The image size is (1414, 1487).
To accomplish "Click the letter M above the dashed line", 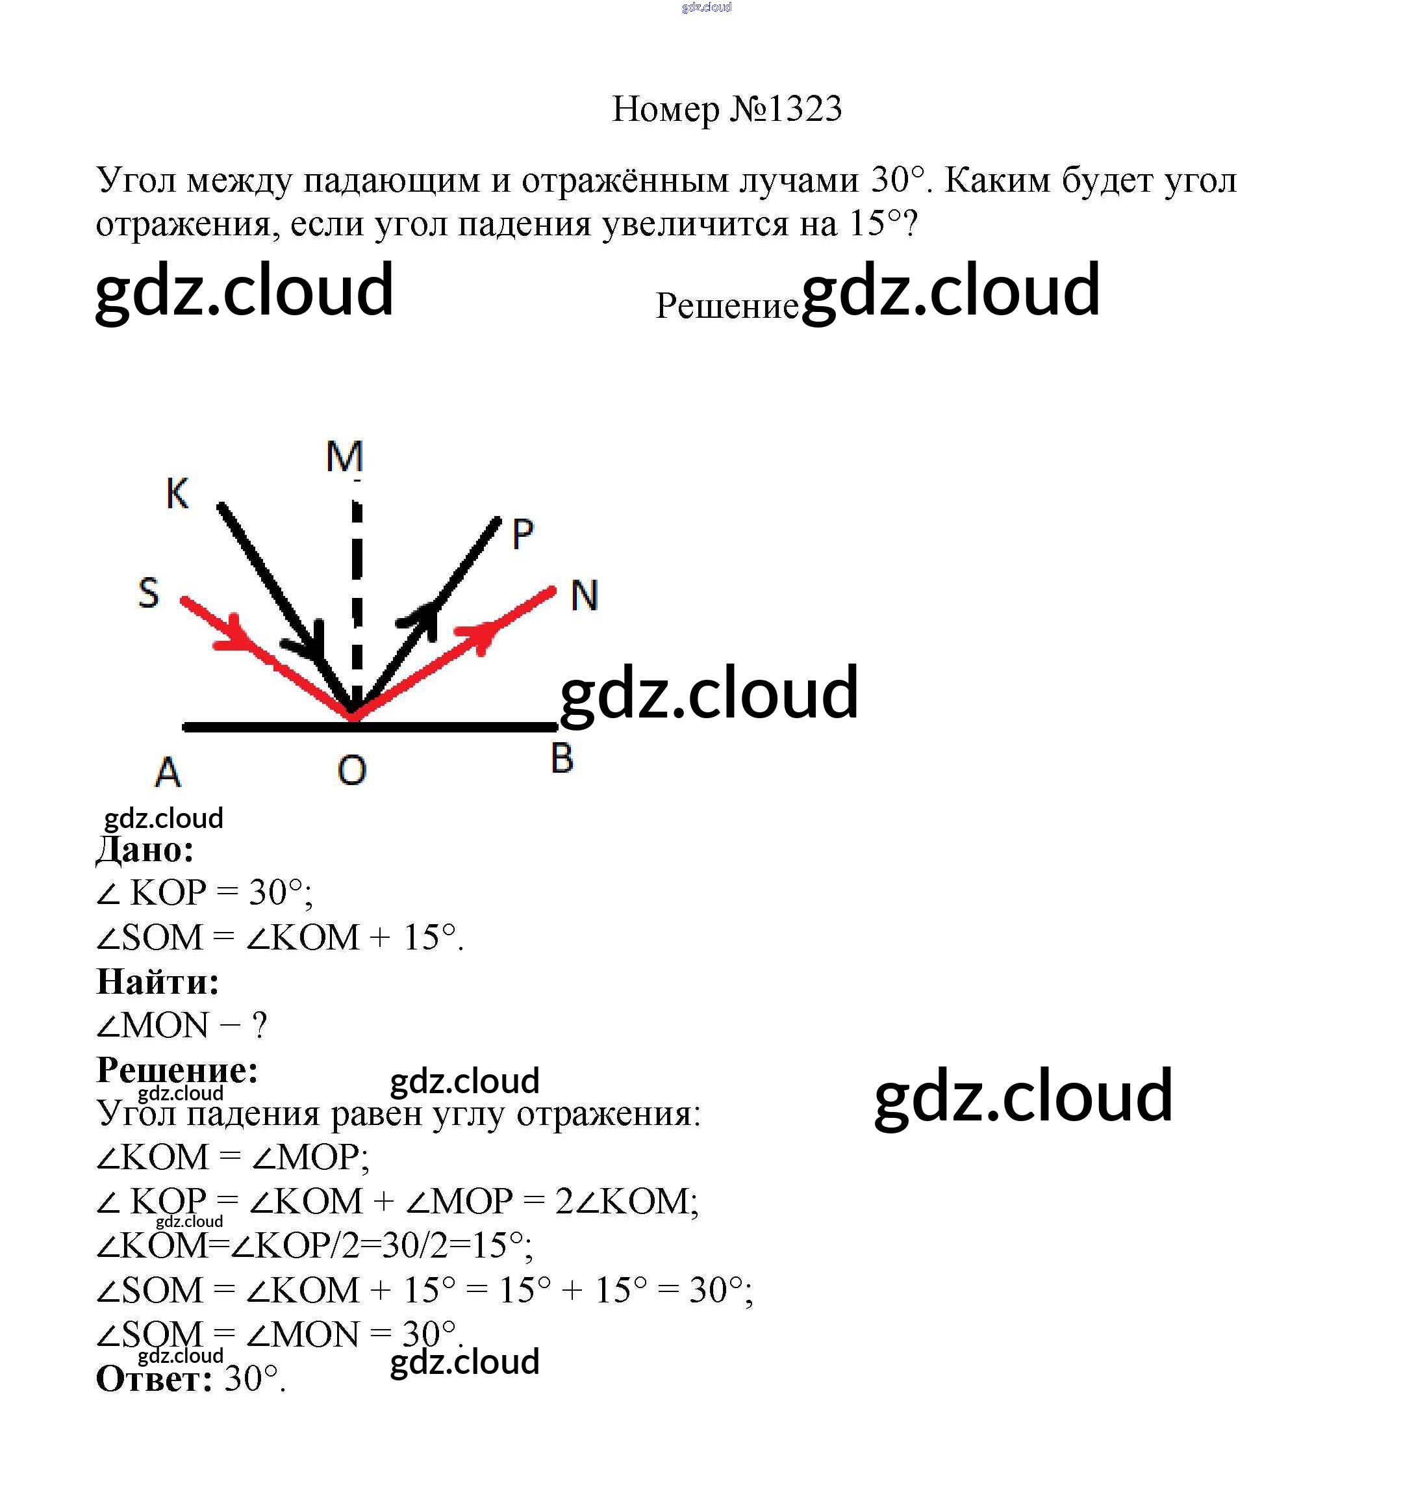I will (x=344, y=456).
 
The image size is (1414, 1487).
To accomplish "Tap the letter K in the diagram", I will (x=177, y=494).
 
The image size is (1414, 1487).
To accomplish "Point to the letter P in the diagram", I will (x=522, y=535).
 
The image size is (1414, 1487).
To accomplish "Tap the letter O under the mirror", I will (x=352, y=770).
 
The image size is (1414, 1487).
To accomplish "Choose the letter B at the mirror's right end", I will (x=562, y=758).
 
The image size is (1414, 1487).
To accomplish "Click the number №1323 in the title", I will (x=785, y=109).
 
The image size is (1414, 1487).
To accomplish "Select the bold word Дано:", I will (x=145, y=850).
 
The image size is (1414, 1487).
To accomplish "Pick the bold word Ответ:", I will (x=155, y=1379).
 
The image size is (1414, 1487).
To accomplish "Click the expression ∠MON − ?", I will (x=182, y=1026).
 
